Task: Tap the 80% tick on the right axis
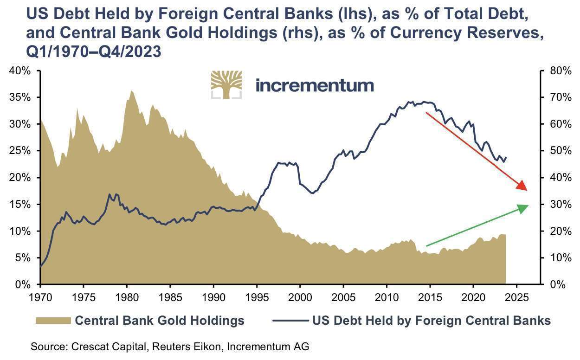(x=559, y=71)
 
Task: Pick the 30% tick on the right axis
(x=559, y=204)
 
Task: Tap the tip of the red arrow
(x=527, y=190)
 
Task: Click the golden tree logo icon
(x=226, y=85)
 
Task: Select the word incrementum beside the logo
(x=315, y=85)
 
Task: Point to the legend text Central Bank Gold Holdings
(x=160, y=321)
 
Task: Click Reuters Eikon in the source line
(x=168, y=346)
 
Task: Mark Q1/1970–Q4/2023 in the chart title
(x=93, y=51)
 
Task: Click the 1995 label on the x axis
(x=257, y=296)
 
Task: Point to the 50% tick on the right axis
(x=559, y=151)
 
